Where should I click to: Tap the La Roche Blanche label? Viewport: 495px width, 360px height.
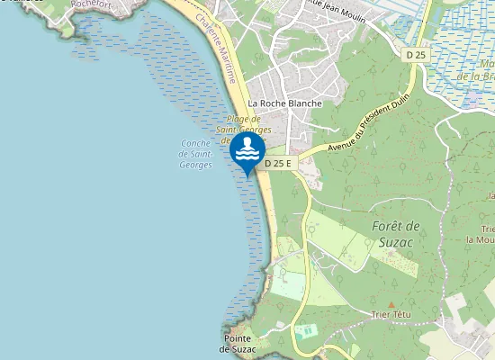pos(284,103)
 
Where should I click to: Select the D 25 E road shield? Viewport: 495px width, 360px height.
pos(278,164)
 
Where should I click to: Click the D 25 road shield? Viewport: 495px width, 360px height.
pos(415,55)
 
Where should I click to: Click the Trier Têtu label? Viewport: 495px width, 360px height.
pos(391,315)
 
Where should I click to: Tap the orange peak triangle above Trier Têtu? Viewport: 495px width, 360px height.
pos(391,304)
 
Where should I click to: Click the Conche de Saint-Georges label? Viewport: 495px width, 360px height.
pos(195,154)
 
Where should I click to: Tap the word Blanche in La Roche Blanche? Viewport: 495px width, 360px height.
pos(303,103)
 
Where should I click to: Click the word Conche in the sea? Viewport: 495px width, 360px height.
pos(195,143)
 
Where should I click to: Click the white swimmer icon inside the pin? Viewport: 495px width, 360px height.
pos(247,149)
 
